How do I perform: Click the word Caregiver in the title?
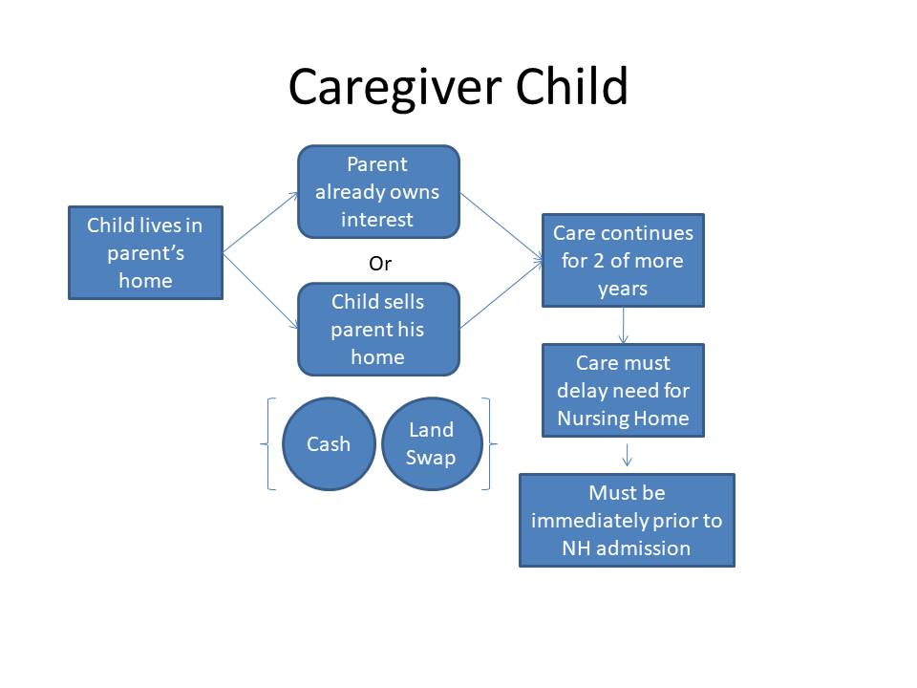point(395,88)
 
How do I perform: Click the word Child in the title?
point(571,85)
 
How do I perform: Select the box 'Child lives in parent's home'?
point(145,252)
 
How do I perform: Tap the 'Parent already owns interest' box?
point(378,192)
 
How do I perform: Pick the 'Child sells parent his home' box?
point(378,330)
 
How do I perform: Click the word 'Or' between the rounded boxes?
point(380,264)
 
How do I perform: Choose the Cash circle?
point(329,444)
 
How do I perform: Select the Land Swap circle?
point(432,444)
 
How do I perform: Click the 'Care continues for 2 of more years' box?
point(623,260)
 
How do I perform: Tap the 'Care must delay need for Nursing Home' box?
point(623,390)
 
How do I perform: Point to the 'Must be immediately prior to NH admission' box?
point(627,520)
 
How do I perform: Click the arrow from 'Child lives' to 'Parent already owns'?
point(261,223)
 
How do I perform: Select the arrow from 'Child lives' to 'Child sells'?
point(261,290)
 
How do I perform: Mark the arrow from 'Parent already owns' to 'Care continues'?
point(501,226)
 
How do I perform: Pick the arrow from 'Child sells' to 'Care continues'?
point(501,295)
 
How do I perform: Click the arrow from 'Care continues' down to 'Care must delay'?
point(624,325)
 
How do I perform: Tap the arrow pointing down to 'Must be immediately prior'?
point(627,455)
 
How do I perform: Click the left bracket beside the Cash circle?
point(267,444)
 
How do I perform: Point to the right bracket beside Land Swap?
point(489,444)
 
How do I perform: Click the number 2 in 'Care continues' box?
point(598,261)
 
